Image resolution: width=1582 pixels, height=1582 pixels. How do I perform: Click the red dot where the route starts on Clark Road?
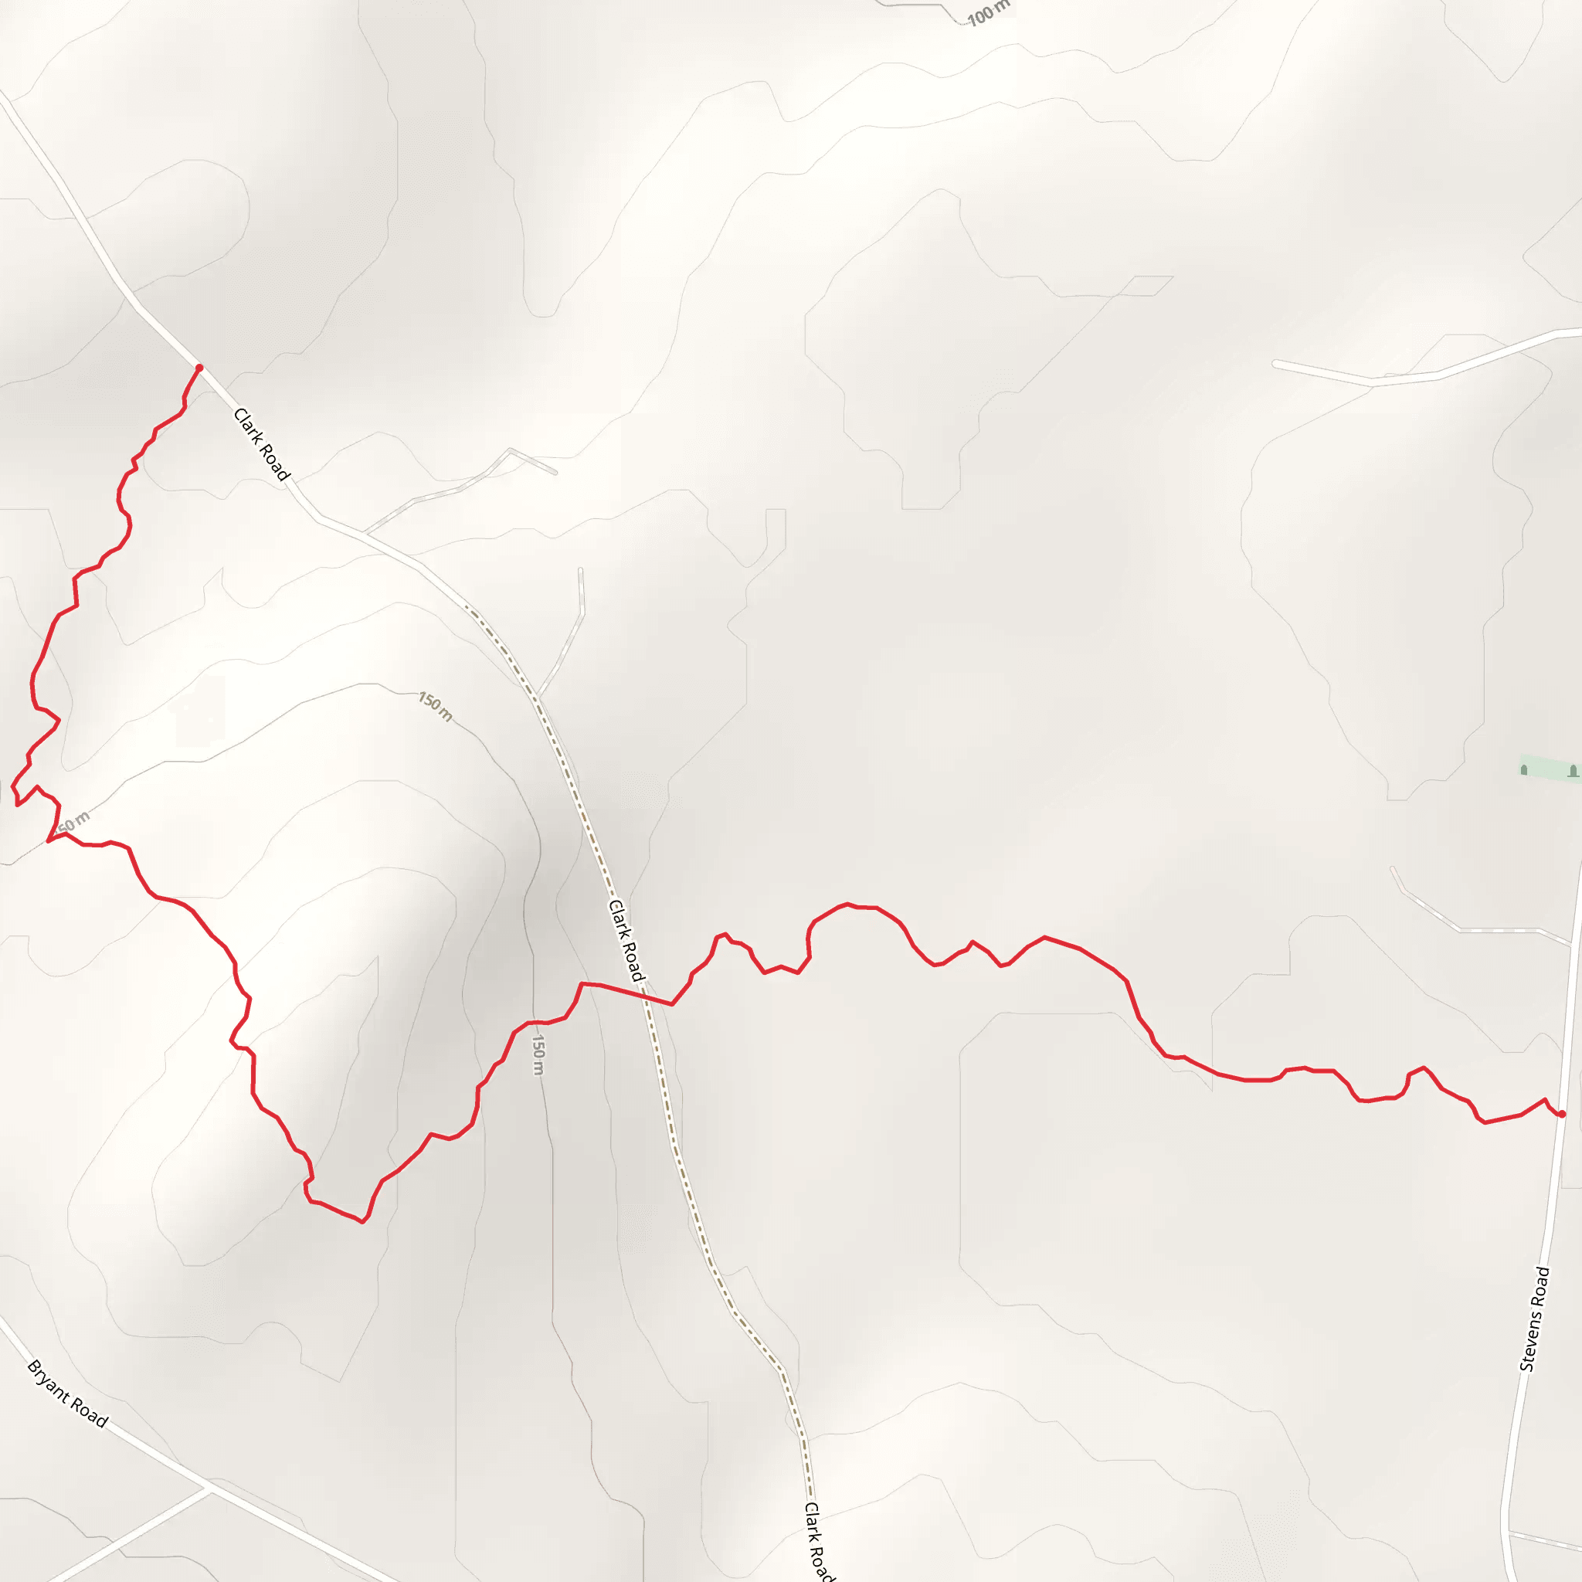(199, 368)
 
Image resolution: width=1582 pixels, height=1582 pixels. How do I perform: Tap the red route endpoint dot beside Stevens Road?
(1561, 1114)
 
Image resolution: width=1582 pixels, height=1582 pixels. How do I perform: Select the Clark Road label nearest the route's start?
(261, 445)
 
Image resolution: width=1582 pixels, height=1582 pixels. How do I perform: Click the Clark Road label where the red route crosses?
(626, 940)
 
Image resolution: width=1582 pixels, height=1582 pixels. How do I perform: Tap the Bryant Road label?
(67, 1393)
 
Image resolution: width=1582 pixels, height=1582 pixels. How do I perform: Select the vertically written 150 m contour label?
(538, 1054)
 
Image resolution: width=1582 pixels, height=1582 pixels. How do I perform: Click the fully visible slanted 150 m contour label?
(435, 707)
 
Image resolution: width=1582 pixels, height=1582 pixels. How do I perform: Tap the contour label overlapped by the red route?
(72, 822)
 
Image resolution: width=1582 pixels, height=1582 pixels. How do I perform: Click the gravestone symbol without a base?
(1524, 769)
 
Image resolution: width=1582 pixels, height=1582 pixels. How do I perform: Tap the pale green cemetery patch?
(1547, 769)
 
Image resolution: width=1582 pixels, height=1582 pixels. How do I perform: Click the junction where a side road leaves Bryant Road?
(206, 1485)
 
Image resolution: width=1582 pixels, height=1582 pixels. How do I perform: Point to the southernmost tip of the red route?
(362, 1223)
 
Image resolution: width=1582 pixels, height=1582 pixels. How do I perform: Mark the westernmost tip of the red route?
(12, 787)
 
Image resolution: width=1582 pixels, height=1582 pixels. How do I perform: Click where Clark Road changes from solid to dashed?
(465, 606)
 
